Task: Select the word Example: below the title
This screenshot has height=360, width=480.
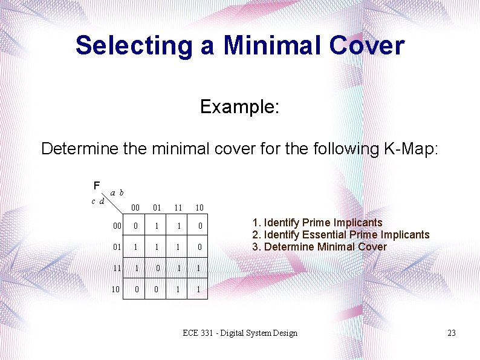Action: [x=239, y=107]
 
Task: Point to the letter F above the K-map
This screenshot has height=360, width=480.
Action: [x=97, y=185]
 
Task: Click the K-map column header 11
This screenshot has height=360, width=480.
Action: [x=178, y=208]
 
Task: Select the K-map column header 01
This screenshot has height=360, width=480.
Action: [x=157, y=208]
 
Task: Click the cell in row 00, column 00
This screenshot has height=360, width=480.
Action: [x=136, y=226]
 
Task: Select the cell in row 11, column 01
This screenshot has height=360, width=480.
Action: [x=157, y=268]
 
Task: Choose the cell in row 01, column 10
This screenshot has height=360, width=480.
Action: [x=199, y=247]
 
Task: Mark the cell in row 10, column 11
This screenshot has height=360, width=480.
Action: [x=178, y=289]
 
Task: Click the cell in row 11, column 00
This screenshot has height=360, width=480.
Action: [x=136, y=268]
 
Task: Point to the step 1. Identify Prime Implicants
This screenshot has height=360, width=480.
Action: [x=317, y=223]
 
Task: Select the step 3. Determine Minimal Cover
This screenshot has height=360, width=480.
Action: [x=319, y=246]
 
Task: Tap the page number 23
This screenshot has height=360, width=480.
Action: [x=451, y=333]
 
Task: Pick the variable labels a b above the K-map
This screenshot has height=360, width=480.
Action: [x=117, y=192]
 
